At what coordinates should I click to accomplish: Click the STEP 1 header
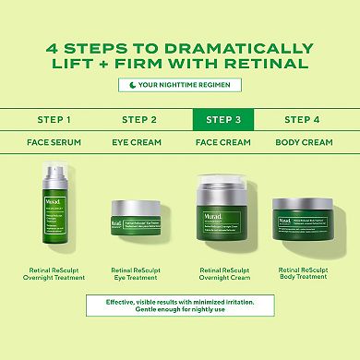[x=54, y=119]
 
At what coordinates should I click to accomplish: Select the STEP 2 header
[x=139, y=119]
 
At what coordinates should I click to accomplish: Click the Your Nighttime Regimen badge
[x=180, y=85]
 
